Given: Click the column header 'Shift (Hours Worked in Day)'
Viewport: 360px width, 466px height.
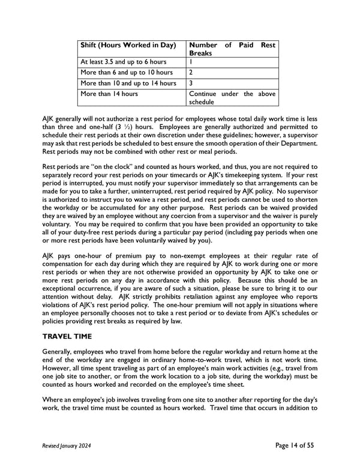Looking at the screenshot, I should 128,46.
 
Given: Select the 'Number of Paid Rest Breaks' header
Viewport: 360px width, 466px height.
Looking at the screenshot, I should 232,49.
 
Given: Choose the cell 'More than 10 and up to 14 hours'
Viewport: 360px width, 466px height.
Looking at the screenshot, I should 128,83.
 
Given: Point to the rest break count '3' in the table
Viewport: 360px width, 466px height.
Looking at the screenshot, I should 191,83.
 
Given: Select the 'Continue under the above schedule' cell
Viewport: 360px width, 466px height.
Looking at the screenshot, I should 232,98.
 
